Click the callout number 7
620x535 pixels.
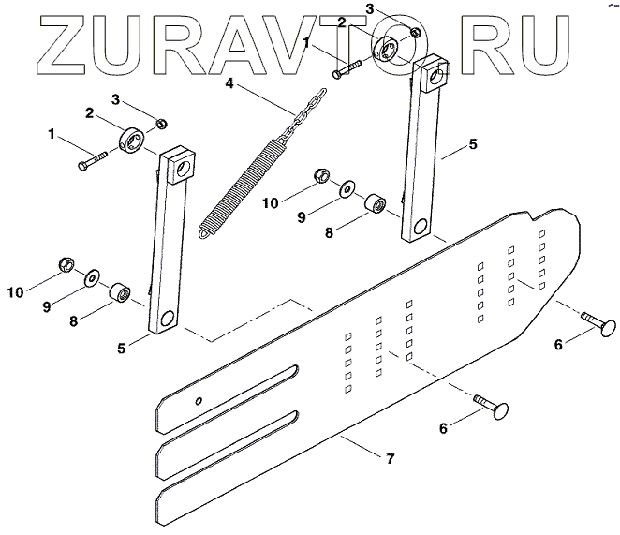(x=390, y=459)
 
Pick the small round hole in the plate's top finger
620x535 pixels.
(x=199, y=400)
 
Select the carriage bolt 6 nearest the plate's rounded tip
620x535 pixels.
(x=600, y=327)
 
